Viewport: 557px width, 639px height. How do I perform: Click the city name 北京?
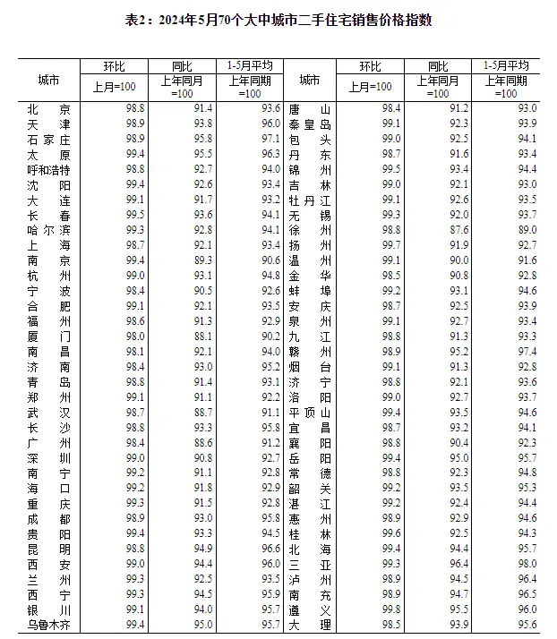[49, 108]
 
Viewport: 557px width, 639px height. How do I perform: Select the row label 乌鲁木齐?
[49, 624]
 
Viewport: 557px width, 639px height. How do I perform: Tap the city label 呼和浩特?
[49, 169]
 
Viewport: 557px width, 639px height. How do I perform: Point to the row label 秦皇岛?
[311, 124]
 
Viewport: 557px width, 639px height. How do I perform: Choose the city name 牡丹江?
[311, 200]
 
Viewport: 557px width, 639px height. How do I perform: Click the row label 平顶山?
[311, 413]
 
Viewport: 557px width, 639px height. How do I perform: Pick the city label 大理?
[311, 624]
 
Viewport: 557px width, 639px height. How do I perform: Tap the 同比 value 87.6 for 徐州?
[436, 230]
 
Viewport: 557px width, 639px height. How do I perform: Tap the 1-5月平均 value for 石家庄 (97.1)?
[246, 139]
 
